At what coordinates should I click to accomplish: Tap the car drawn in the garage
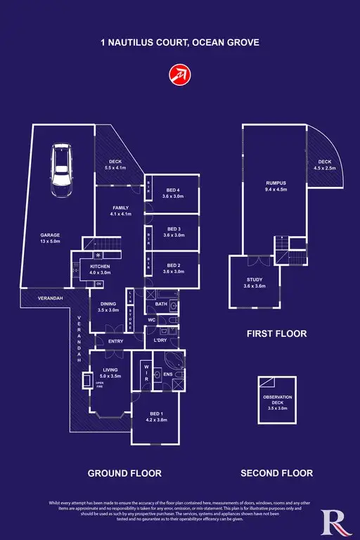tap(60, 172)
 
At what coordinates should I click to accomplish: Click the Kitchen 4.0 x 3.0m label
tap(101, 268)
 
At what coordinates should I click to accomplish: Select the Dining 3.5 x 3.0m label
tap(108, 307)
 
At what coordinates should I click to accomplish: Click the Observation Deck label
tap(276, 403)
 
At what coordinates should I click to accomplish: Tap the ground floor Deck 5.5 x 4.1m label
tap(115, 165)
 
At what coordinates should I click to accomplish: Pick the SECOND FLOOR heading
tap(276, 473)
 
